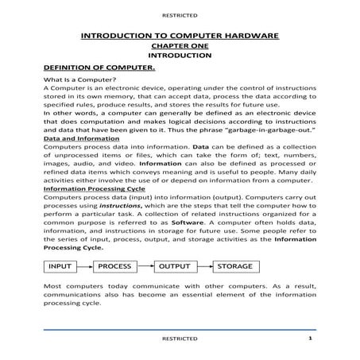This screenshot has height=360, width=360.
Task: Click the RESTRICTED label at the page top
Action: point(180,14)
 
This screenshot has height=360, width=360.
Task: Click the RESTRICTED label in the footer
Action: point(180,339)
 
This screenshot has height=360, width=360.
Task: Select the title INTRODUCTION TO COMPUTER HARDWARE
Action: point(180,37)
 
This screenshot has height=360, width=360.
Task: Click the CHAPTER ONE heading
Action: point(179,47)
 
